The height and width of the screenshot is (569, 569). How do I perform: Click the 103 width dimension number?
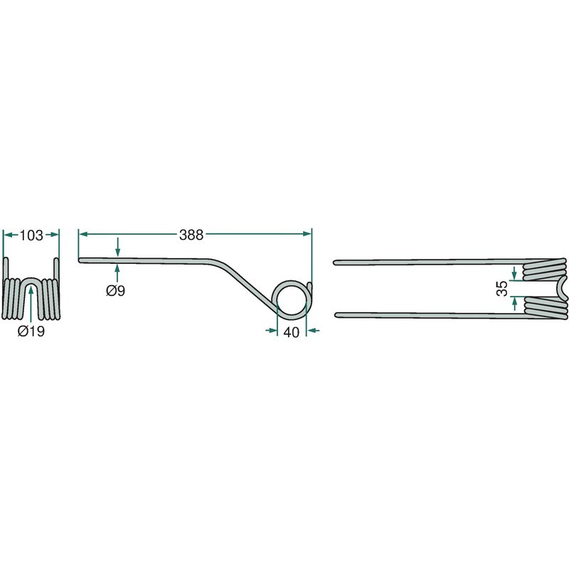pyautogui.click(x=32, y=235)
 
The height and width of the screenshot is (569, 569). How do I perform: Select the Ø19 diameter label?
pyautogui.click(x=31, y=331)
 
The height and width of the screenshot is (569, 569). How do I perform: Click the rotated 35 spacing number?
pyautogui.click(x=503, y=288)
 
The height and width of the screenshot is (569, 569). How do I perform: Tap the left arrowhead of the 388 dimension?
pyautogui.click(x=83, y=233)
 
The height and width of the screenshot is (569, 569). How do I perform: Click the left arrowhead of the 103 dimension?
pyautogui.click(x=8, y=233)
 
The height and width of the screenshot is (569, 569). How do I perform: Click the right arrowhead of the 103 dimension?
pyautogui.click(x=55, y=233)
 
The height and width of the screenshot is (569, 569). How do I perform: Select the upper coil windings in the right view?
pyautogui.click(x=544, y=270)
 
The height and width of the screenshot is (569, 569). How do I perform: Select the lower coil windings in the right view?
pyautogui.click(x=544, y=308)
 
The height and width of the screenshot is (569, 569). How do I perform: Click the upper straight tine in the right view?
pyautogui.click(x=427, y=262)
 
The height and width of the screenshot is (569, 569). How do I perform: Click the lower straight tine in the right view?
pyautogui.click(x=427, y=314)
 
